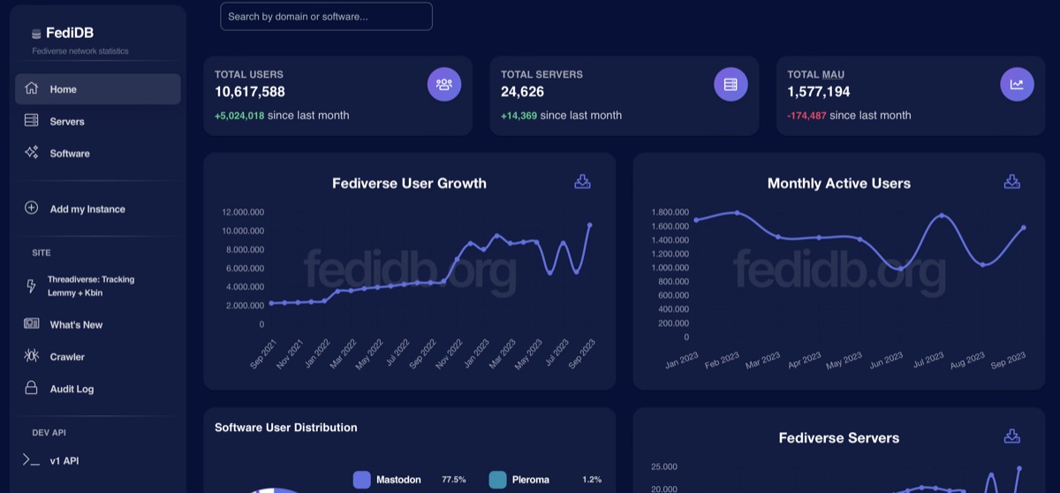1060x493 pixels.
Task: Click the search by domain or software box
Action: tap(326, 17)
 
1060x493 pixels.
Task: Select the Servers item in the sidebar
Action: tap(66, 121)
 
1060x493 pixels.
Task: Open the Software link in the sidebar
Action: tap(69, 154)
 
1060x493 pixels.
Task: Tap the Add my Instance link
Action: tap(87, 209)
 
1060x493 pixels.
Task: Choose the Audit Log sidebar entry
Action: tap(72, 389)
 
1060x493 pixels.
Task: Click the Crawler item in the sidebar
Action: tap(67, 357)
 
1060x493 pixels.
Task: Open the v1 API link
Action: tap(64, 460)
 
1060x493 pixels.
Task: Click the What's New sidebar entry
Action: tap(76, 325)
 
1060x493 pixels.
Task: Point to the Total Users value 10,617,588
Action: tap(250, 92)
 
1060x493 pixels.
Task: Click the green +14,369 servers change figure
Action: tap(519, 115)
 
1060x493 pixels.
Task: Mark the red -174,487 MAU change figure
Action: tap(806, 115)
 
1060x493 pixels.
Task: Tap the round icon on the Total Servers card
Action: tap(731, 85)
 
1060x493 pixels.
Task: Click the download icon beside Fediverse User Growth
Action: tap(582, 182)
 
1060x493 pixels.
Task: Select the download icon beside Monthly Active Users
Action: tap(1012, 182)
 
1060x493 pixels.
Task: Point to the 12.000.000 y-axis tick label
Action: tap(244, 212)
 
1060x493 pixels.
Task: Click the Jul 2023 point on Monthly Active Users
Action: tap(942, 216)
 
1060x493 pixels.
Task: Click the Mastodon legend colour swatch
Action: tap(361, 480)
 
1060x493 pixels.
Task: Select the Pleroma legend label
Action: tap(530, 480)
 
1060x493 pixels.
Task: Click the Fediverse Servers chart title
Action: tap(838, 438)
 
